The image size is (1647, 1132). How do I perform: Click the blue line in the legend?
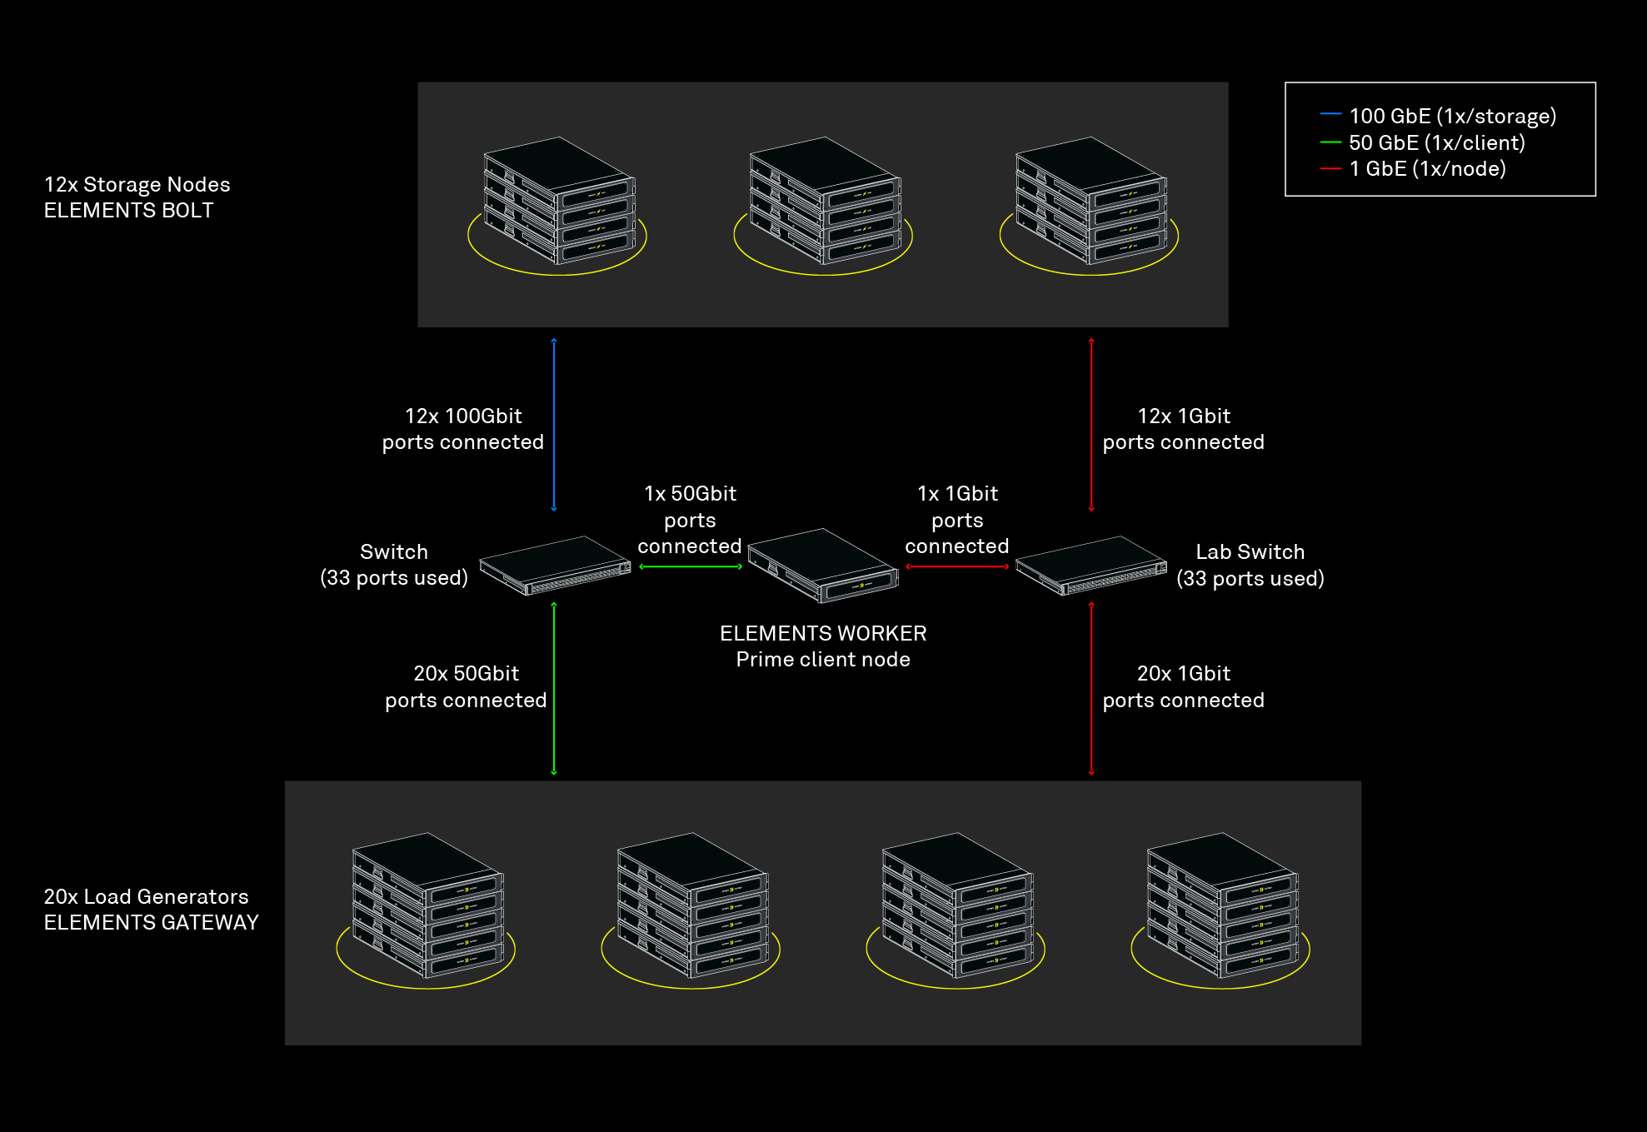tap(1330, 113)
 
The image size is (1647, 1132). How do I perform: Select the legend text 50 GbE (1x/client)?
tap(1437, 142)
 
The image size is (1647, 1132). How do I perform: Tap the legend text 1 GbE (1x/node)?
tap(1428, 168)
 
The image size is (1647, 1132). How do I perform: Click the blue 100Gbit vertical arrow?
tap(554, 425)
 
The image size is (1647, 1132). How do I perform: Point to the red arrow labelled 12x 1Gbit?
tap(1091, 425)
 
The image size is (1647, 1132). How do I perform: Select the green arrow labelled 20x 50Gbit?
tap(554, 689)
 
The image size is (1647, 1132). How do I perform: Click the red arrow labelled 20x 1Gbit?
tap(1091, 689)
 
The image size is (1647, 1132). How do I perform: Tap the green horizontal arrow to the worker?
tap(691, 566)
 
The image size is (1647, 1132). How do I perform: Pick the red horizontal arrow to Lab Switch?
tap(957, 566)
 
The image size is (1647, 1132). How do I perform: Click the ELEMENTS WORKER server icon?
tap(823, 565)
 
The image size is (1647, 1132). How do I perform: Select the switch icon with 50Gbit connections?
tap(555, 566)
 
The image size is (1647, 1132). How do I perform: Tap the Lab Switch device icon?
tap(1091, 566)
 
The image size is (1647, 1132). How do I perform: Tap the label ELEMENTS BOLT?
tap(128, 211)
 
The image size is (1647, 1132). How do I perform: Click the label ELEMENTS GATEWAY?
tap(151, 923)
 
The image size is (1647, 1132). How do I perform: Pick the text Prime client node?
tap(823, 660)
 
